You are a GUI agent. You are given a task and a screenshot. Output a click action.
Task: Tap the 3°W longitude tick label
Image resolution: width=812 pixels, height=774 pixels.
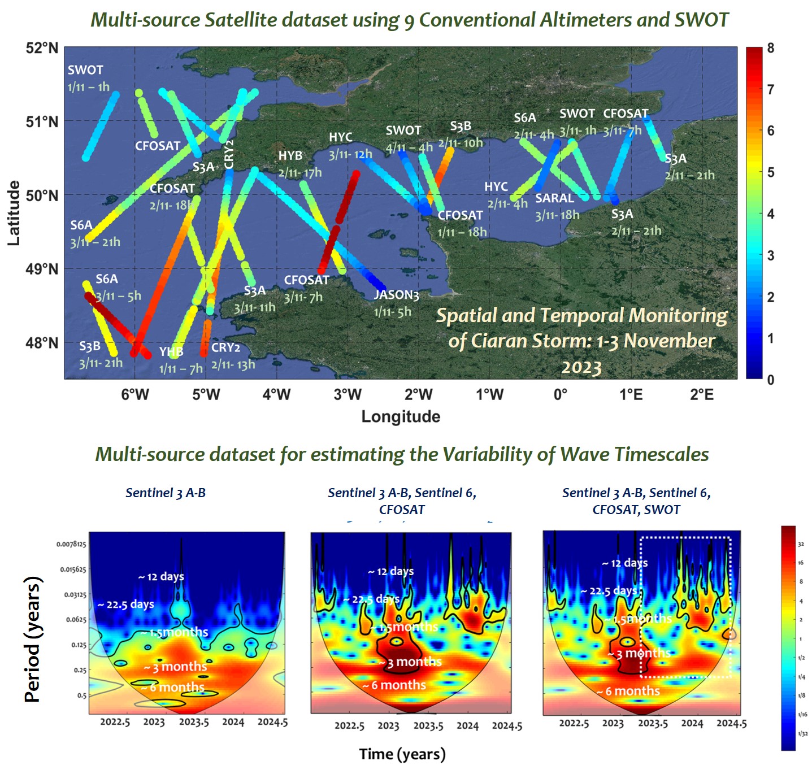tap(347, 394)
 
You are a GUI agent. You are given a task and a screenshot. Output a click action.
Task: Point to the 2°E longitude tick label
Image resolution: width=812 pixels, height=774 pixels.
tap(701, 394)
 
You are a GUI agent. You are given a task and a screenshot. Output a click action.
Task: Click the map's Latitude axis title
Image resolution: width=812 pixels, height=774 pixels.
tap(14, 213)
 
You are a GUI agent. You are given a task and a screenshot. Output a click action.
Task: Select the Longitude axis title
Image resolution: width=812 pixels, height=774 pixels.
tap(401, 417)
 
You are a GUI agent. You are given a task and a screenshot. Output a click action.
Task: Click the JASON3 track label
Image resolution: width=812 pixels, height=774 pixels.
tap(396, 295)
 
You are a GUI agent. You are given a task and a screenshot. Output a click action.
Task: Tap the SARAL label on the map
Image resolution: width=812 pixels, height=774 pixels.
tap(554, 198)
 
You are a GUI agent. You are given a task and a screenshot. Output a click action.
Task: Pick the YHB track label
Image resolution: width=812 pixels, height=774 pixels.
tap(171, 353)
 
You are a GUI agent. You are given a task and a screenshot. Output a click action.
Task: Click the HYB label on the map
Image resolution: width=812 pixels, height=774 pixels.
tap(290, 156)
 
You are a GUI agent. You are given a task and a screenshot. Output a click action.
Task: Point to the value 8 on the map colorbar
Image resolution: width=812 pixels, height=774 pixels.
tap(771, 49)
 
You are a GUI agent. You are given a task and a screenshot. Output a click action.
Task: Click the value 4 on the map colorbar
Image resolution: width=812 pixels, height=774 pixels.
tap(771, 214)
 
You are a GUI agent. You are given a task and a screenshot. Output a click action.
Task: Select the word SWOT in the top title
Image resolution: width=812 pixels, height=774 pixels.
tap(701, 20)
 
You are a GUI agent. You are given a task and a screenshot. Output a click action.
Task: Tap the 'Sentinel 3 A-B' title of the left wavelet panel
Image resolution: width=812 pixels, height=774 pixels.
tap(166, 493)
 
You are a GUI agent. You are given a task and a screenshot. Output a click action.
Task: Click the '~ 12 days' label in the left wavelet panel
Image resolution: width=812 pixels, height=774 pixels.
tap(161, 577)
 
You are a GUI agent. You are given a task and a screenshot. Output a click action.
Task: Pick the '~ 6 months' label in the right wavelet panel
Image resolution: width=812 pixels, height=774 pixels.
tap(628, 692)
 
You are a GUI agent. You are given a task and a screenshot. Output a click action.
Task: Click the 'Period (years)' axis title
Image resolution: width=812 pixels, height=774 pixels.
tap(33, 639)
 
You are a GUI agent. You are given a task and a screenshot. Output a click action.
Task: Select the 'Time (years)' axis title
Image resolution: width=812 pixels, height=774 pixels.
tap(402, 754)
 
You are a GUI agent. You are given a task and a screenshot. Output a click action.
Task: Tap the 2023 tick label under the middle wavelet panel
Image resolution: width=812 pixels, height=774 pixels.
tap(388, 726)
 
